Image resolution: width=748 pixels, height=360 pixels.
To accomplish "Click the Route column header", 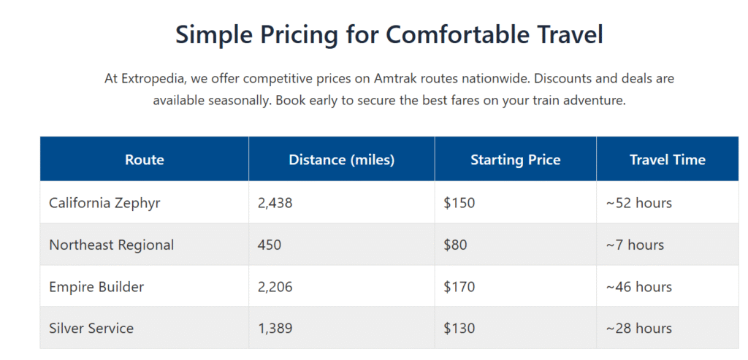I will click(x=145, y=159).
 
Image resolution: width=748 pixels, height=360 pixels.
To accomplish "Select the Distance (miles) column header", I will click(x=341, y=159).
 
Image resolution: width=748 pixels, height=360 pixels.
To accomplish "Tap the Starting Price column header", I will click(x=515, y=159).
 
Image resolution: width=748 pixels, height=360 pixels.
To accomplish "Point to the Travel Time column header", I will click(x=668, y=159).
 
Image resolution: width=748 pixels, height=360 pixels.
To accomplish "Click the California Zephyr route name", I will click(x=104, y=202).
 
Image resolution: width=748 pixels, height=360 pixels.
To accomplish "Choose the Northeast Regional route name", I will click(x=111, y=245).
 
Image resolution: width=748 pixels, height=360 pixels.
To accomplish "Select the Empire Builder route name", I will click(x=96, y=287).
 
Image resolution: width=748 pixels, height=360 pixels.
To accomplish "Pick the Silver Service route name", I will click(x=91, y=329).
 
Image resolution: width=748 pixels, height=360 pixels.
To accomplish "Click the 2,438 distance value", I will click(x=275, y=202).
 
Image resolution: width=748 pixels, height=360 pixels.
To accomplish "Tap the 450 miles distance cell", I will click(x=270, y=245).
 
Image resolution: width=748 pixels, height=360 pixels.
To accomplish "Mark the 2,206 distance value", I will click(x=275, y=287).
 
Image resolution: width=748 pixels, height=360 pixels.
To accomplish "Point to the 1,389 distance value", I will click(x=275, y=329).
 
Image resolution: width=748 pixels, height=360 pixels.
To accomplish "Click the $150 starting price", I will click(x=459, y=202).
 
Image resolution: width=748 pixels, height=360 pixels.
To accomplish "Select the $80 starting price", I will click(x=455, y=245).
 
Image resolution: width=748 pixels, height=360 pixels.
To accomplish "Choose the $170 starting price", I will click(x=459, y=287).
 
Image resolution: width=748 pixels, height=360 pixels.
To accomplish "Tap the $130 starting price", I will click(x=459, y=329).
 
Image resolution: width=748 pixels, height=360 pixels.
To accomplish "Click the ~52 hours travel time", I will click(x=638, y=202).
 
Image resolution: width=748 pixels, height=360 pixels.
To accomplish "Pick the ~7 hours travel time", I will click(x=635, y=245).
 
